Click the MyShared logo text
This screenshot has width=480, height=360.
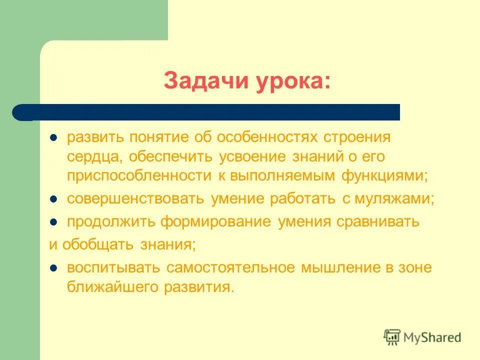[432, 337]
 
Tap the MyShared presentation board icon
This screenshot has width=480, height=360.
[392, 337]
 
